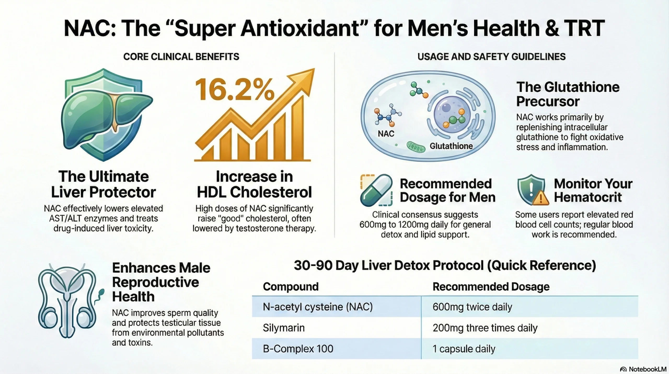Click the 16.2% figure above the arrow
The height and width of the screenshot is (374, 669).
coord(234,90)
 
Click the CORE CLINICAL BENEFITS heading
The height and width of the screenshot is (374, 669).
coord(181,57)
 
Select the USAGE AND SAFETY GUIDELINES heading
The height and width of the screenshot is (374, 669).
coord(491,57)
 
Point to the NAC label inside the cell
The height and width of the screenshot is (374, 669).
coord(386,134)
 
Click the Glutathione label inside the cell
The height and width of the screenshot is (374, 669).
coord(451,146)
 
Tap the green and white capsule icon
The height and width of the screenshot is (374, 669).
coord(376,190)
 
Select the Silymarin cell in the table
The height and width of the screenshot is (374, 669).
coord(284,328)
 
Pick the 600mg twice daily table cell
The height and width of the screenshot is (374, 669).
coord(472,307)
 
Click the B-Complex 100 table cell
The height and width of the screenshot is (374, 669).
coord(298,349)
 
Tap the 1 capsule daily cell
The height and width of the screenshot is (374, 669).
coord(464,349)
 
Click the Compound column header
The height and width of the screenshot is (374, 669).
coord(291,287)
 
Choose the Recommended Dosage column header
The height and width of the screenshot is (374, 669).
coord(491,287)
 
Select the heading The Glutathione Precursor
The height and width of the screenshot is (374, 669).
coord(568,94)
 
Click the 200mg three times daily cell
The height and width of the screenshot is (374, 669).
coord(485,328)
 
